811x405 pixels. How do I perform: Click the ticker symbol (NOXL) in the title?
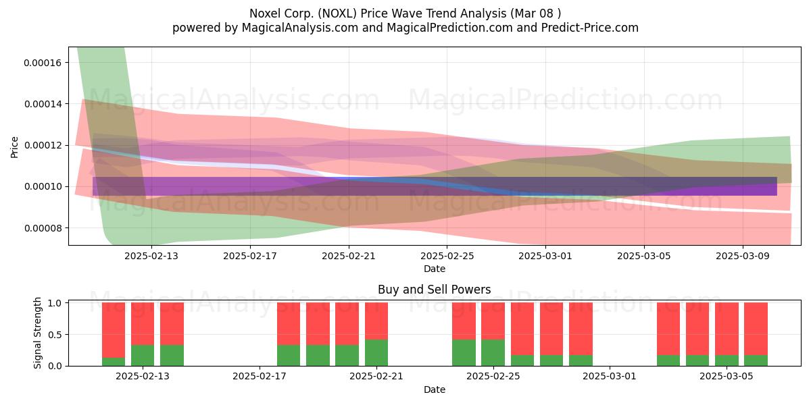tap(337, 13)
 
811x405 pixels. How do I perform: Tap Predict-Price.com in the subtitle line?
tap(590, 28)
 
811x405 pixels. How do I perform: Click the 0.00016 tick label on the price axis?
tap(43, 63)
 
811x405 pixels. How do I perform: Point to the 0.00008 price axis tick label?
tap(43, 228)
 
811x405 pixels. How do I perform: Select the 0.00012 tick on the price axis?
tap(43, 145)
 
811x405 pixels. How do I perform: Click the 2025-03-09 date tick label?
tap(743, 256)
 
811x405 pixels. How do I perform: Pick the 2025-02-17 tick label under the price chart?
tap(250, 256)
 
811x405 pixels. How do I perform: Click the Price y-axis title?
tap(14, 147)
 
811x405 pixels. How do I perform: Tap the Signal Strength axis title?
tap(37, 333)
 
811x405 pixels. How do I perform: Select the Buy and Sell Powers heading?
tap(434, 290)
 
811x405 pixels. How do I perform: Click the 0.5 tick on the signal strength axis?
tap(55, 335)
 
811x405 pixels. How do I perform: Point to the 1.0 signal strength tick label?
tap(55, 303)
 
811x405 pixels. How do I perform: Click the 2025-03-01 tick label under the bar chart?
tap(610, 377)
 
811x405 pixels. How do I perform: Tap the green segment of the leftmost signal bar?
tap(114, 362)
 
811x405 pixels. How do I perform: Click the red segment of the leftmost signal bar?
tap(114, 330)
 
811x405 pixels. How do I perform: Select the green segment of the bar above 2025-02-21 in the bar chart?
tap(376, 352)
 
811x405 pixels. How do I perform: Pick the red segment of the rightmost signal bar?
tap(756, 329)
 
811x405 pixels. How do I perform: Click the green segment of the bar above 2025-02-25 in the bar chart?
tap(493, 352)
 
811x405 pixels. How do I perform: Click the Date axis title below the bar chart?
tap(435, 390)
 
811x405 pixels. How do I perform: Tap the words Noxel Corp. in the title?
tap(282, 13)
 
